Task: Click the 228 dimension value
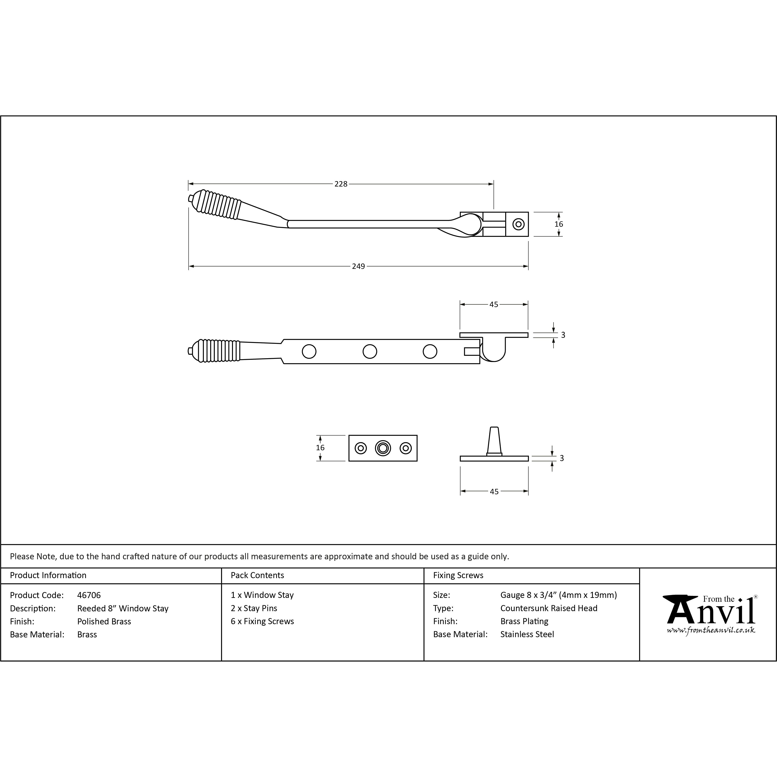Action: click(x=341, y=184)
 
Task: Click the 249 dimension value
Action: click(x=358, y=266)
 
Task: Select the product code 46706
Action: click(x=89, y=595)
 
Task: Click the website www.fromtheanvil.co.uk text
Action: click(x=711, y=630)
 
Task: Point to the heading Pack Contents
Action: click(x=257, y=575)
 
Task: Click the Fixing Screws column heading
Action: click(x=458, y=575)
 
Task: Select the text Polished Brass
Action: click(x=104, y=621)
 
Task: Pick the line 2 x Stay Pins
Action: click(x=254, y=608)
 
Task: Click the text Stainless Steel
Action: click(x=527, y=634)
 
